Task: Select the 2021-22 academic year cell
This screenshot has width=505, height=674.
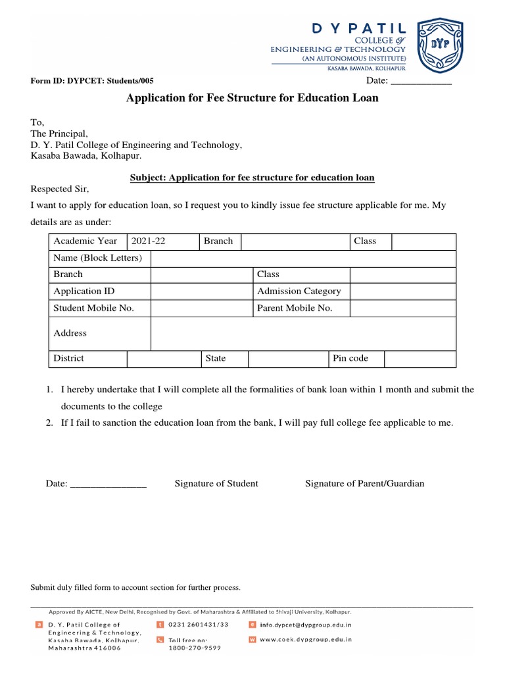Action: click(x=164, y=241)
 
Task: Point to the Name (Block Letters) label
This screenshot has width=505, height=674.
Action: click(x=97, y=258)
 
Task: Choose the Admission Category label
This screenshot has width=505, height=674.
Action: click(x=299, y=291)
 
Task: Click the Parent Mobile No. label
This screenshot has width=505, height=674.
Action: click(x=295, y=308)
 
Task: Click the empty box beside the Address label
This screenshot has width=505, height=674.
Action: click(x=303, y=334)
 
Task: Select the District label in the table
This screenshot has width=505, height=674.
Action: click(x=68, y=358)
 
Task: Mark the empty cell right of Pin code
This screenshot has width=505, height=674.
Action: click(x=420, y=358)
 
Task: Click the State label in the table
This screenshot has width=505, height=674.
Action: click(x=216, y=358)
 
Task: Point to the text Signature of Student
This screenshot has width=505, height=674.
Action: click(x=216, y=484)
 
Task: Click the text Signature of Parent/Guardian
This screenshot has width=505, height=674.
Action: click(x=364, y=484)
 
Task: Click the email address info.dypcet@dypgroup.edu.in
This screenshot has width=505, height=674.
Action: click(x=305, y=625)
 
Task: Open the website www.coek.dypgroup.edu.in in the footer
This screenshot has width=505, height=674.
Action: click(x=305, y=639)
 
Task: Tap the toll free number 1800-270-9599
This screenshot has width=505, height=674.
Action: click(x=194, y=648)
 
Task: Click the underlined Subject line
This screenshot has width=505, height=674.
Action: click(x=252, y=178)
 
